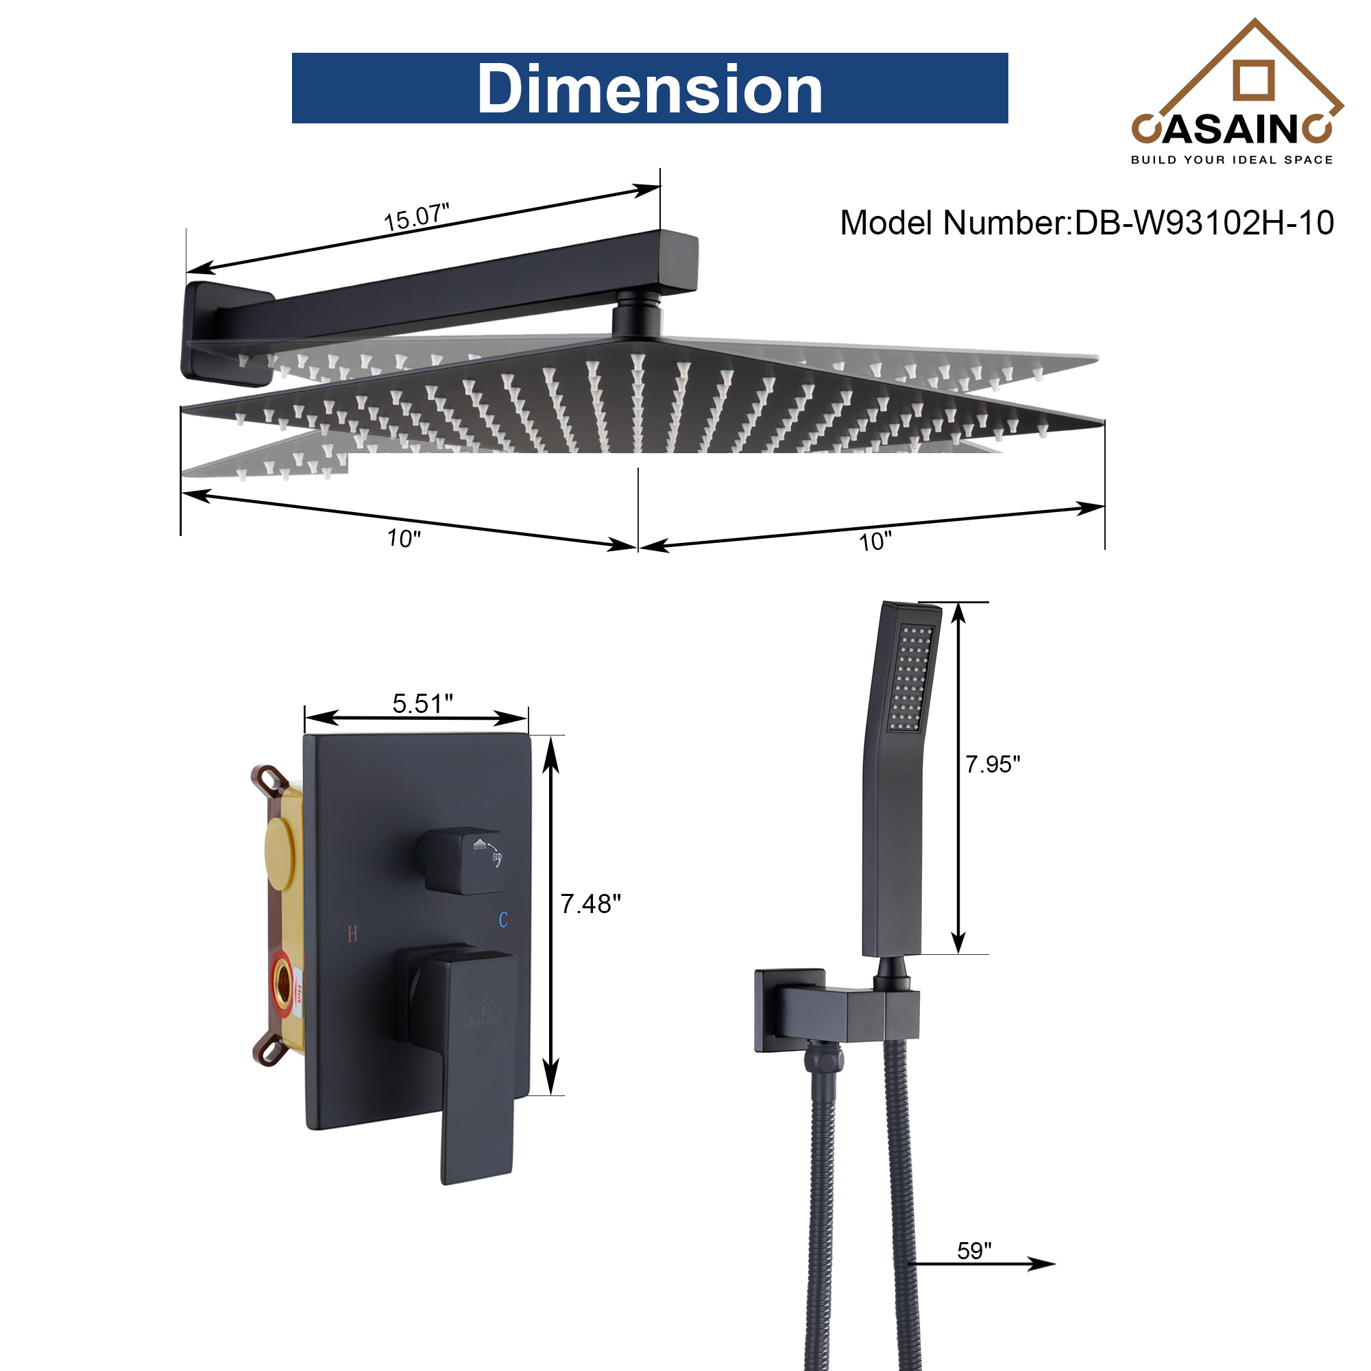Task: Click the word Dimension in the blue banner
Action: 649,88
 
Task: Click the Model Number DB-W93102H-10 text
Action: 1087,223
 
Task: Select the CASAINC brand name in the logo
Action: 1232,128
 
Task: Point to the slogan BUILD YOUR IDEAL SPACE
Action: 1232,160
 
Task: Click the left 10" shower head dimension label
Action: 404,539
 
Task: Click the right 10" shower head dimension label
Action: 875,542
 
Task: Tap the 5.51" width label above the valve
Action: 422,704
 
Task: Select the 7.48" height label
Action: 590,904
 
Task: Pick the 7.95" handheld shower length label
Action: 992,764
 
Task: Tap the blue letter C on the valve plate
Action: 503,920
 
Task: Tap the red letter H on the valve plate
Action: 352,934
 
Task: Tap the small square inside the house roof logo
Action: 1253,80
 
